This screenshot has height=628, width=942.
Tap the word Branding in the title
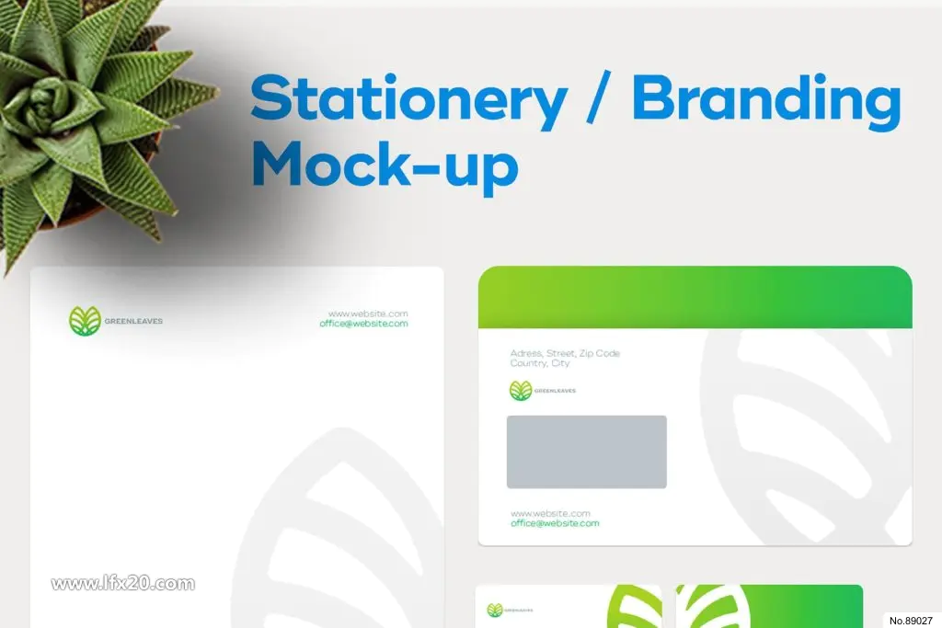(766, 101)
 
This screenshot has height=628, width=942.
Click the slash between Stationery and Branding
(598, 97)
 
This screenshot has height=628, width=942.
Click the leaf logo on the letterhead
(85, 321)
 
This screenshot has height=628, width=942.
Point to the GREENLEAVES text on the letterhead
(133, 321)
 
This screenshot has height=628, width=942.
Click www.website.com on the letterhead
(368, 314)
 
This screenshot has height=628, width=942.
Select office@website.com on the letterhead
(363, 324)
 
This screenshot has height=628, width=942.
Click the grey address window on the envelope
(586, 451)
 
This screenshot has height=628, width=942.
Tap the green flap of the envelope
(695, 297)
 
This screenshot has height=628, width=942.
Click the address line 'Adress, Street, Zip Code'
(565, 353)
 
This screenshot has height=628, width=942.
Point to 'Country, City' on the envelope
(539, 363)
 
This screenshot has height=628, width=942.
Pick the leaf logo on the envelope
(521, 391)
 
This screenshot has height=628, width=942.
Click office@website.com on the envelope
(555, 523)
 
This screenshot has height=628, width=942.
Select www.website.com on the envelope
(550, 513)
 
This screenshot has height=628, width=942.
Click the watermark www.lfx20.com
(123, 584)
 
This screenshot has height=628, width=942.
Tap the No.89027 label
(911, 621)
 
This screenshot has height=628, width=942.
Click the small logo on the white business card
(494, 611)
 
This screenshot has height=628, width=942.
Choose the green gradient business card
(770, 606)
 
